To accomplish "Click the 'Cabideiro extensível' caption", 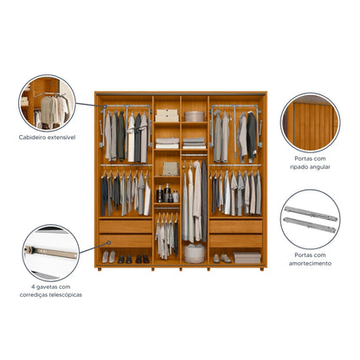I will click(x=47, y=137).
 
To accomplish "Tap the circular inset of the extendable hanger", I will click(x=48, y=102).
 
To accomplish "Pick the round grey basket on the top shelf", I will click(x=194, y=116).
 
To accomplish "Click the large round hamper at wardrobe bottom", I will click(x=195, y=254).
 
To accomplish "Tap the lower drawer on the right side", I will click(x=236, y=240).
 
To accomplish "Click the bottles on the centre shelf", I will click(x=165, y=194).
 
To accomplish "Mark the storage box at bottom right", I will click(x=247, y=257).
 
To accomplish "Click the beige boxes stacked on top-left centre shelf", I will click(x=166, y=114).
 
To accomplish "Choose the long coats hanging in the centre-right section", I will click(x=193, y=203).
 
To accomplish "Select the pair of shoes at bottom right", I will click(x=221, y=258).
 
